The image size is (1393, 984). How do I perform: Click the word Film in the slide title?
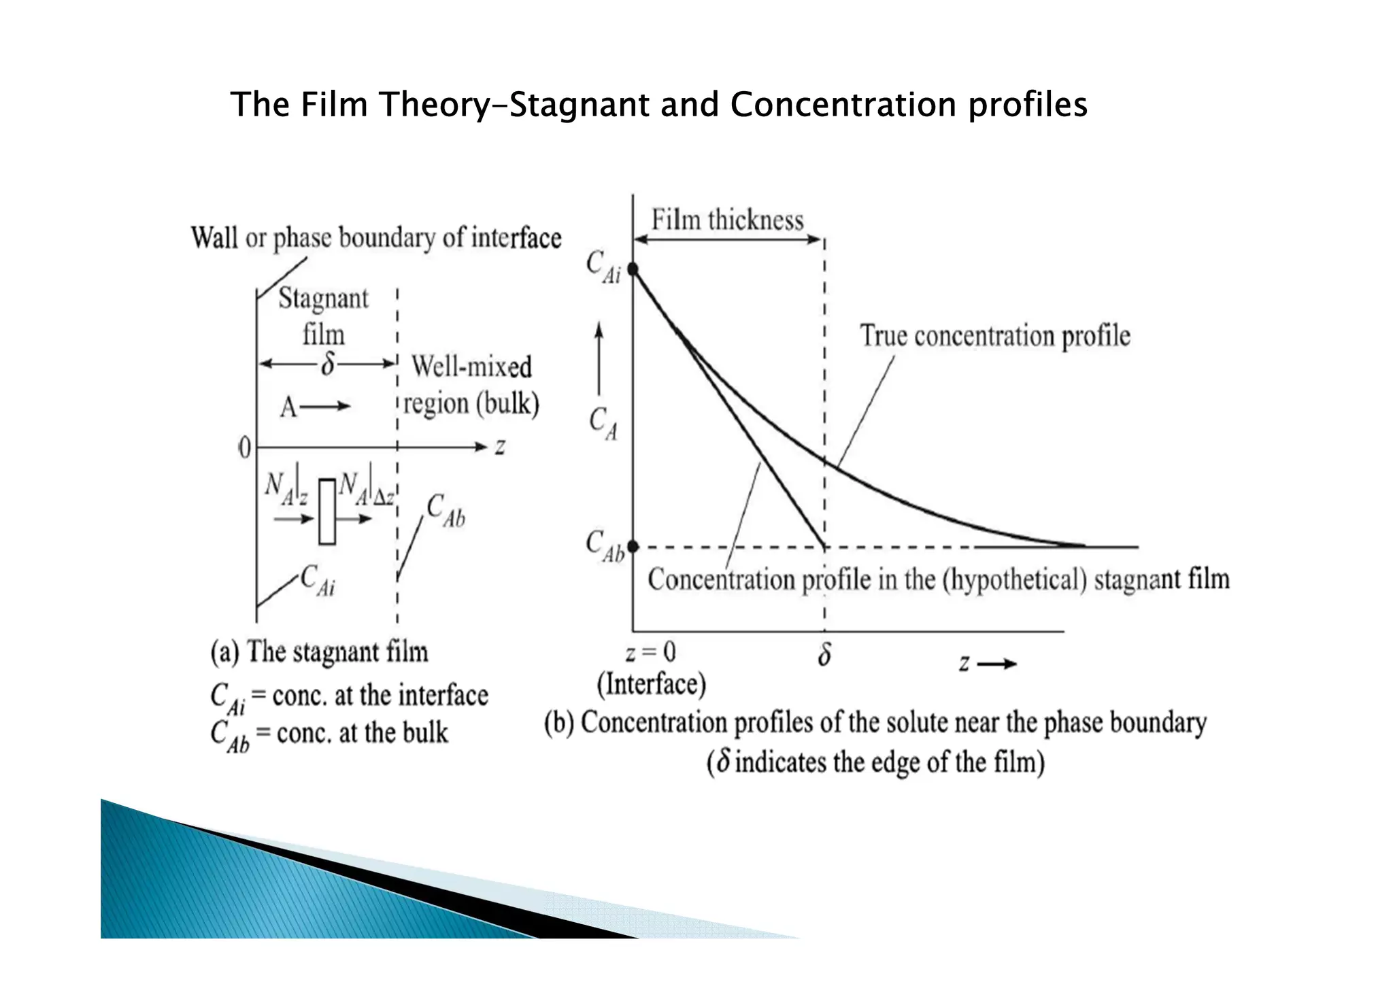(x=334, y=105)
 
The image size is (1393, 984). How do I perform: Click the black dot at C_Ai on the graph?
(x=633, y=269)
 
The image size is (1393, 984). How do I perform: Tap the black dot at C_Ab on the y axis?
(x=633, y=546)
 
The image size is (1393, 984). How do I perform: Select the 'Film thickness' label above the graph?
(x=727, y=220)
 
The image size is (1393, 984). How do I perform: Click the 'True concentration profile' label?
(x=994, y=336)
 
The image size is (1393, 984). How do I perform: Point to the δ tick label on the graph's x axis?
(x=824, y=655)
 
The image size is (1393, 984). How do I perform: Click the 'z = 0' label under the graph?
(x=650, y=653)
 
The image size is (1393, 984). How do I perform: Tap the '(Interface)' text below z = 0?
(x=651, y=684)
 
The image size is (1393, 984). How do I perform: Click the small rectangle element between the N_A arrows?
(x=327, y=512)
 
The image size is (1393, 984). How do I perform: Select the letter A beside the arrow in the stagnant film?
(x=288, y=407)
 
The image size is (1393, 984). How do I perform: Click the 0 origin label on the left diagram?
(x=244, y=448)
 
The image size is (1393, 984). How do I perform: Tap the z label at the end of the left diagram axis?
(x=500, y=447)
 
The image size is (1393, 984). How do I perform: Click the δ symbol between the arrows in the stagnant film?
(x=328, y=364)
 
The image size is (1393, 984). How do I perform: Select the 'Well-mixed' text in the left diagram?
(x=471, y=367)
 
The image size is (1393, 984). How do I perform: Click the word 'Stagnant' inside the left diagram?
(x=323, y=299)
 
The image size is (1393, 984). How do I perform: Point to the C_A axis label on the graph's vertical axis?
(x=603, y=423)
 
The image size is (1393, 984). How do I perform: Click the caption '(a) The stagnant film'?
(x=319, y=651)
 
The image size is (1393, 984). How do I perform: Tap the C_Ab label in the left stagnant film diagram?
(x=446, y=511)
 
